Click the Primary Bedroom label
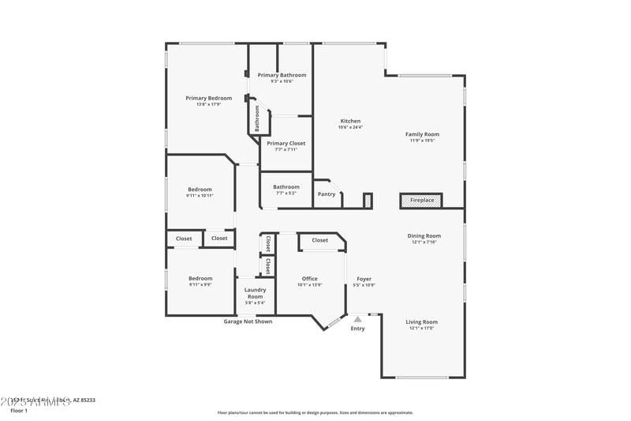pyautogui.click(x=208, y=98)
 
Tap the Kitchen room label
pyautogui.click(x=349, y=121)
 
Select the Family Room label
pyautogui.click(x=422, y=134)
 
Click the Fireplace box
pyautogui.click(x=421, y=201)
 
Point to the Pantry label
pyautogui.click(x=326, y=194)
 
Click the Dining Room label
pyautogui.click(x=424, y=235)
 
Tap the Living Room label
pyautogui.click(x=421, y=322)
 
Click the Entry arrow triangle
pyautogui.click(x=357, y=319)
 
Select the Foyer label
pyautogui.click(x=364, y=279)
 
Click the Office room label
pyautogui.click(x=309, y=279)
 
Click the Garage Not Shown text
pyautogui.click(x=248, y=321)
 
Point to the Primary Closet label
pyautogui.click(x=286, y=144)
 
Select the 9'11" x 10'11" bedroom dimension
pyautogui.click(x=200, y=195)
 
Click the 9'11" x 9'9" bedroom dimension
pyautogui.click(x=200, y=284)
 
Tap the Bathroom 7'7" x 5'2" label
pyautogui.click(x=286, y=187)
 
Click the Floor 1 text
pyautogui.click(x=18, y=411)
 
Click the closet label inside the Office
pyautogui.click(x=319, y=240)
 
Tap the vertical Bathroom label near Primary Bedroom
pyautogui.click(x=257, y=118)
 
